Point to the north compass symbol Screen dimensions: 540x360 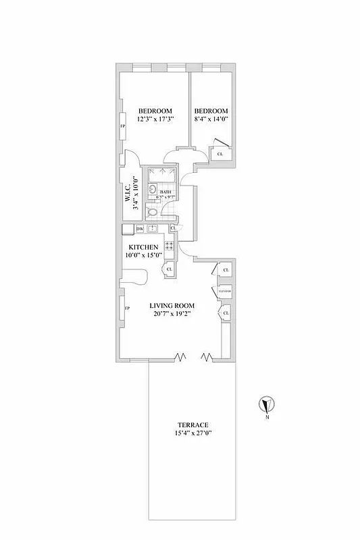[x=267, y=405]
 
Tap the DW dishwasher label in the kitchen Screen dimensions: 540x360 [x=139, y=229]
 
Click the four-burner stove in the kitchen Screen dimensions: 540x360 [x=169, y=246]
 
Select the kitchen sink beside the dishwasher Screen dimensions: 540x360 [x=153, y=229]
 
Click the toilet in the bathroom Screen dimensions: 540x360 [x=153, y=212]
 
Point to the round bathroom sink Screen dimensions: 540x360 [x=153, y=190]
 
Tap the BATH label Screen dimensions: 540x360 [x=166, y=192]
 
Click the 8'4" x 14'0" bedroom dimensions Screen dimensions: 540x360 [x=211, y=120]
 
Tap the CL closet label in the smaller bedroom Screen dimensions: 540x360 [x=220, y=155]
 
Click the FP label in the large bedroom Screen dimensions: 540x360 [x=123, y=126]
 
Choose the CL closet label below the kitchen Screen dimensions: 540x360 [x=169, y=270]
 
